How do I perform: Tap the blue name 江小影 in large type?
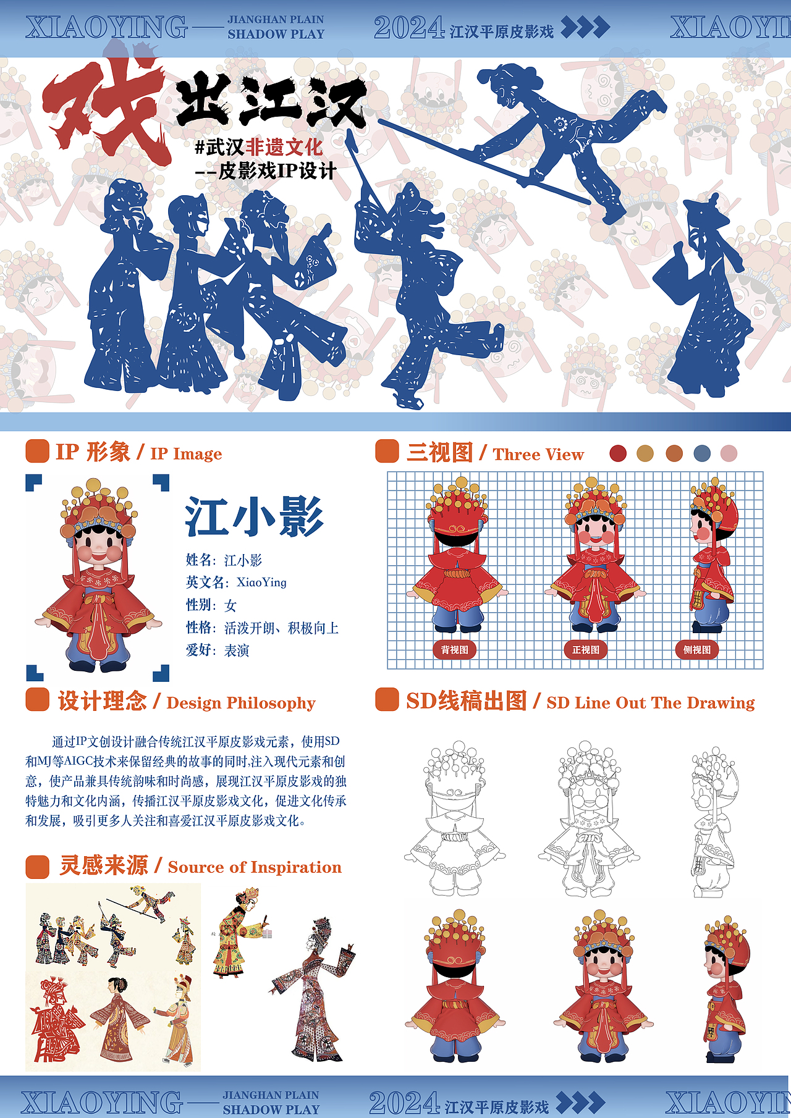[254, 517]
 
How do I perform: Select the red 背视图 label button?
[455, 650]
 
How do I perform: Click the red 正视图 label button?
[586, 650]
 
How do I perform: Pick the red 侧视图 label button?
[697, 650]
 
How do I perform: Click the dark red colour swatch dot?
[618, 453]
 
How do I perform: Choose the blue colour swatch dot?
[702, 453]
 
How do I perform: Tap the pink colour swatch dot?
[729, 453]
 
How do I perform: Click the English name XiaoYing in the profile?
[261, 582]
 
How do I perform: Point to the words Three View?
[538, 455]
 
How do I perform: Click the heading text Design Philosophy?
[241, 703]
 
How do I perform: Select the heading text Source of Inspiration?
[255, 867]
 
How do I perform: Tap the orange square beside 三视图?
[387, 451]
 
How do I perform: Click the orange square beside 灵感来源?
[37, 867]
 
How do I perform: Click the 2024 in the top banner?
[409, 28]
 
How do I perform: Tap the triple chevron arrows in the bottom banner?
[580, 1103]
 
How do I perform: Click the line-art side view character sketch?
[713, 822]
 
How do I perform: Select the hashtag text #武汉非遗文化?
[258, 147]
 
